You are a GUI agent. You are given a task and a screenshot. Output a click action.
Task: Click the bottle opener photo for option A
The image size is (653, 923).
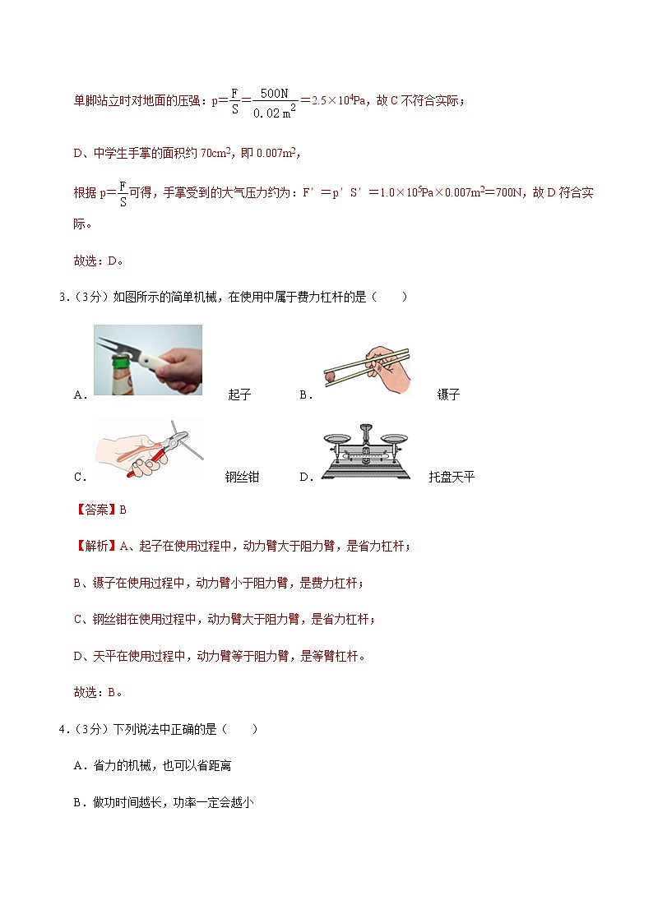[147, 360]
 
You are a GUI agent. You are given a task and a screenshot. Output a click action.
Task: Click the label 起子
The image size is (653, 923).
[239, 395]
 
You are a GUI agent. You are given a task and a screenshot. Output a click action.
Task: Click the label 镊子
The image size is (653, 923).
[448, 395]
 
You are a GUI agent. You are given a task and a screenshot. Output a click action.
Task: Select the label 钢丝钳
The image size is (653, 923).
[242, 477]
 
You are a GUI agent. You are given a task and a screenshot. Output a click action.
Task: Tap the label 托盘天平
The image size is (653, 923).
[452, 477]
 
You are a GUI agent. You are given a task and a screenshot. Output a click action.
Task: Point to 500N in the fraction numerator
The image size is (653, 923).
[274, 94]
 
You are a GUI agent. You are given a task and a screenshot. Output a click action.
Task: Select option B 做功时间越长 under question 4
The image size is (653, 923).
[164, 802]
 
